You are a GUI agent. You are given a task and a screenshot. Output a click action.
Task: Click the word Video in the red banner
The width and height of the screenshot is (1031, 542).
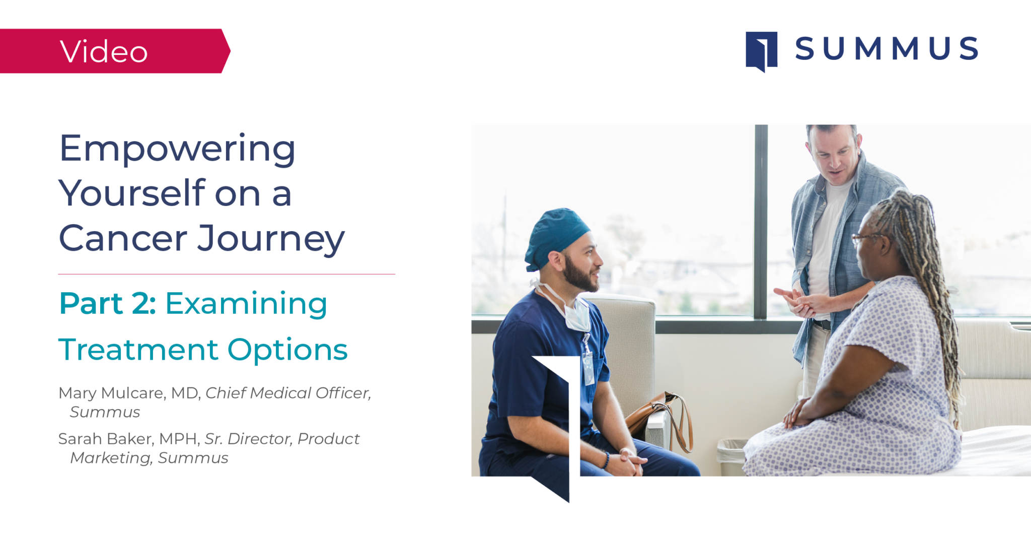[x=104, y=51]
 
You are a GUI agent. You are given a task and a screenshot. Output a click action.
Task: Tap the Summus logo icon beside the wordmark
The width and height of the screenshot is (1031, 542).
[x=761, y=51]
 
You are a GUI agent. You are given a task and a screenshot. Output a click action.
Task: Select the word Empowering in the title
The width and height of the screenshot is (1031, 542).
[x=177, y=150]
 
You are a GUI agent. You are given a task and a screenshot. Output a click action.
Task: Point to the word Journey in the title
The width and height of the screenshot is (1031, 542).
[x=271, y=239]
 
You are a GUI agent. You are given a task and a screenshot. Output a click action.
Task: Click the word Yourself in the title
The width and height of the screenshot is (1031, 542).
[x=132, y=193]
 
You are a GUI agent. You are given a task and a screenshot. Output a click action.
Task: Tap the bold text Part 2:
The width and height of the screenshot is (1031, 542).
[x=108, y=303]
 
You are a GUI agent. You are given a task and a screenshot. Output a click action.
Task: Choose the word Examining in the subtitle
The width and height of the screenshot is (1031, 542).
[x=246, y=304]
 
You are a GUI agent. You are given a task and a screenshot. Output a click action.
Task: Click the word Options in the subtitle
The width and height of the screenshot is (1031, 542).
[x=287, y=350]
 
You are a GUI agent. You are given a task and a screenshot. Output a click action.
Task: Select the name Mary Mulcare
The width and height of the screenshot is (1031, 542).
[x=111, y=393]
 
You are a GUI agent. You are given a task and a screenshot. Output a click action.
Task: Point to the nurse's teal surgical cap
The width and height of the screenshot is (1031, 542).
[x=555, y=237]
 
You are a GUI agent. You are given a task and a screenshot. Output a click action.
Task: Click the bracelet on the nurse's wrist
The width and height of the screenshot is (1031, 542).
[x=606, y=460]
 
